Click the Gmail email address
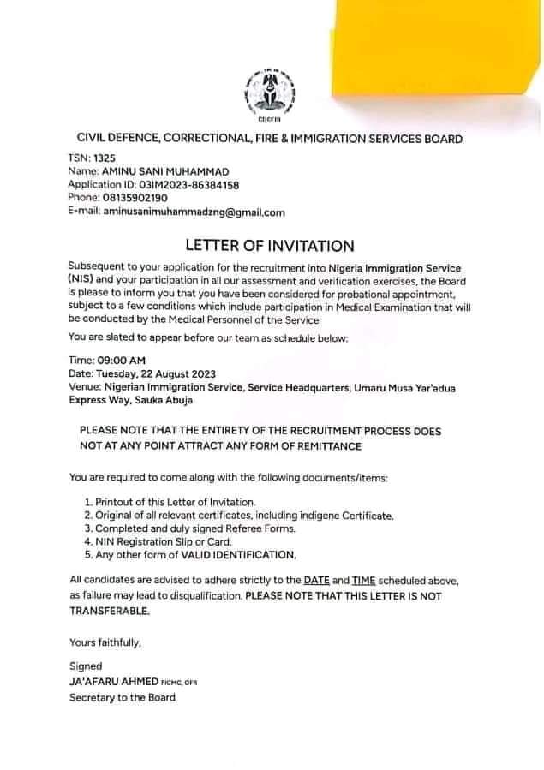tap(194, 212)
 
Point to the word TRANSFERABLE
tap(110, 612)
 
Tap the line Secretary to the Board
tap(123, 697)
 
